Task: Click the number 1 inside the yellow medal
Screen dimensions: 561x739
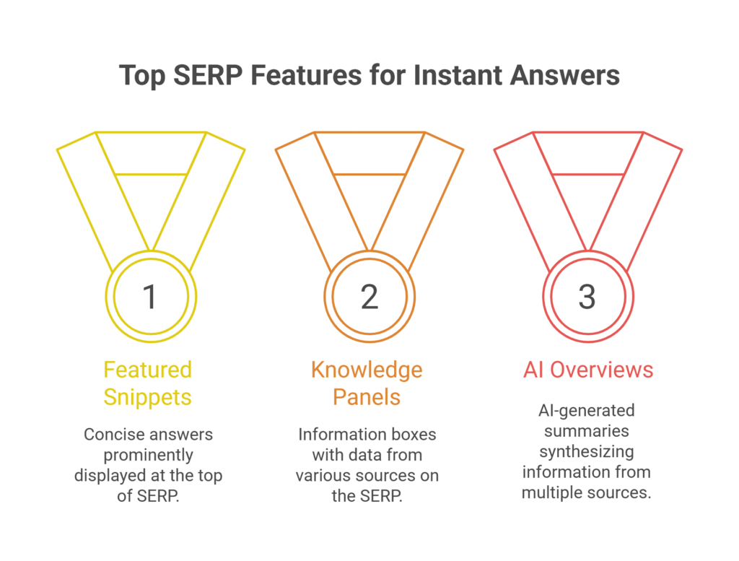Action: point(150,297)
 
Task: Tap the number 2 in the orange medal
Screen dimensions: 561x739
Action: point(369,297)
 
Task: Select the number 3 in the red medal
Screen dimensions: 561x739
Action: point(587,297)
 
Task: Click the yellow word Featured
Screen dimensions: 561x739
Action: point(147,370)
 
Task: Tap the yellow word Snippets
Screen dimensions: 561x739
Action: point(147,396)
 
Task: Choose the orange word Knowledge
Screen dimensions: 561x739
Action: point(367,370)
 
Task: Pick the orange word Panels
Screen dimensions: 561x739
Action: point(367,396)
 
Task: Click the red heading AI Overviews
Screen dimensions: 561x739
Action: point(587,370)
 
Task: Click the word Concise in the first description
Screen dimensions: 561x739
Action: point(112,435)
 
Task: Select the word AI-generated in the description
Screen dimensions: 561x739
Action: point(587,410)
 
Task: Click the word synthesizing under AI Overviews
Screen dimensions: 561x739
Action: point(587,451)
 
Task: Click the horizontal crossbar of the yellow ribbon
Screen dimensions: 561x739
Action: point(151,174)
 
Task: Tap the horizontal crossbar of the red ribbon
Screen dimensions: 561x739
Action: point(587,174)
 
